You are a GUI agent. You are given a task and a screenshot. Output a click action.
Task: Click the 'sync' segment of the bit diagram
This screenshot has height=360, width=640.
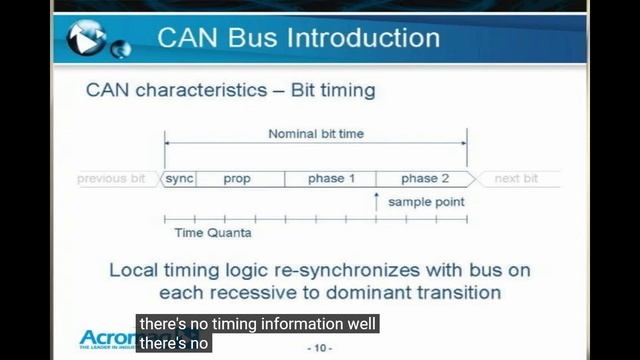179,179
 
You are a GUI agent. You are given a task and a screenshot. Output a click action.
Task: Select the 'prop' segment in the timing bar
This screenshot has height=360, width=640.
238,179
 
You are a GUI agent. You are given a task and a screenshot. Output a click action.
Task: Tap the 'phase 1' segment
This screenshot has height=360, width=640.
331,179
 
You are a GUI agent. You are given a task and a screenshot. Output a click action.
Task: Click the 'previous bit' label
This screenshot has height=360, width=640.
113,179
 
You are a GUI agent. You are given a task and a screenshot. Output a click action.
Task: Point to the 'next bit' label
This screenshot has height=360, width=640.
516,179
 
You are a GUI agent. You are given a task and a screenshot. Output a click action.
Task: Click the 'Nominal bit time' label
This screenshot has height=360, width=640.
316,134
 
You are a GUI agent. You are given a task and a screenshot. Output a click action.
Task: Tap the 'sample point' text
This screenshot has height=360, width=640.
426,202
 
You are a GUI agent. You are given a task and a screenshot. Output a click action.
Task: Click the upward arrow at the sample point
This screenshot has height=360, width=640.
377,202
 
